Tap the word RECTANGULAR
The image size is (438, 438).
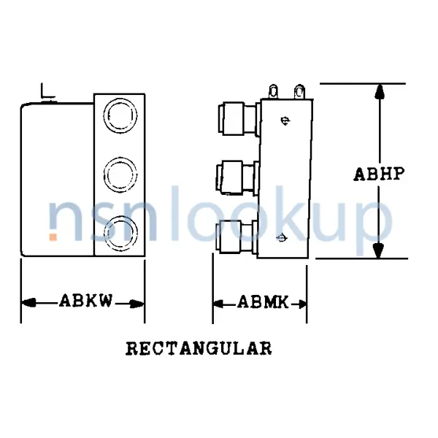(199, 348)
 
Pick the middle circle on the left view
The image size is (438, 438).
(119, 174)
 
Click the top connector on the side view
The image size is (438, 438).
(235, 118)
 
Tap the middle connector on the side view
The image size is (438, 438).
(235, 176)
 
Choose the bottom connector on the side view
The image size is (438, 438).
(235, 237)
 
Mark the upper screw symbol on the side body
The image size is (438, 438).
(286, 120)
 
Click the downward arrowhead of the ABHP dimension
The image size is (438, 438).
(378, 250)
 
